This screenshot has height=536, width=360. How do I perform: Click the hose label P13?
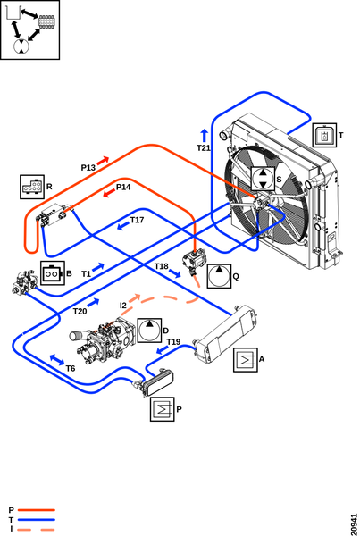point(88,168)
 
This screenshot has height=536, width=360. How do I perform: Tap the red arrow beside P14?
point(109,193)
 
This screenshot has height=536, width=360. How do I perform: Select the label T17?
point(137,220)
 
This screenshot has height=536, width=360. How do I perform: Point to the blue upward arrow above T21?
point(204,136)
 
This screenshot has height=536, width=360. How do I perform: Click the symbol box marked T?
point(324,136)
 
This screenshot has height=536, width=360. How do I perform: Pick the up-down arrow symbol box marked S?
point(263,179)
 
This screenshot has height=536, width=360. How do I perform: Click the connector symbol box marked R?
point(32,187)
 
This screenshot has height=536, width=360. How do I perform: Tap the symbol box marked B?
point(53,273)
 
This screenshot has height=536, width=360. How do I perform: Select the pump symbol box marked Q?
point(219,276)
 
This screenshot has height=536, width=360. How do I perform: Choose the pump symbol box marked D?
point(149,331)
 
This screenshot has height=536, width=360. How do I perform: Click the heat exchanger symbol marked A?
point(246,360)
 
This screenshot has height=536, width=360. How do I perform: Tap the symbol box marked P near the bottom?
point(163,409)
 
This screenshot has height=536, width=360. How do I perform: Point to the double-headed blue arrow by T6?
point(57,360)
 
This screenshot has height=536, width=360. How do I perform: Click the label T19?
point(173,342)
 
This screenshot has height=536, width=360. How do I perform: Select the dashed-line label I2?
point(123,306)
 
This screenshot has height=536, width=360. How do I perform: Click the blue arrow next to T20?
point(93,303)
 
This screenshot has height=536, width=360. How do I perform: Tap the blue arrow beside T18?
point(175,273)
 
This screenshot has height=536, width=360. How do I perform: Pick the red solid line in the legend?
point(37,510)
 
